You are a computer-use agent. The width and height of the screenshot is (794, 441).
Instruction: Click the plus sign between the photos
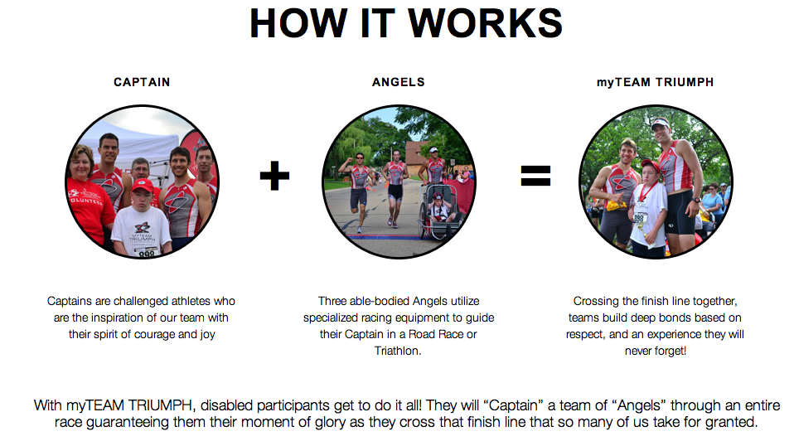click(274, 176)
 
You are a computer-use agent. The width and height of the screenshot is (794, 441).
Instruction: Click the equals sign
click(535, 176)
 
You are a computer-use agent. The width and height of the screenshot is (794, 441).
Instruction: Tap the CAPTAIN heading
click(142, 82)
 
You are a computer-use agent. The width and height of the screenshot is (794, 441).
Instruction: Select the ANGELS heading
click(399, 82)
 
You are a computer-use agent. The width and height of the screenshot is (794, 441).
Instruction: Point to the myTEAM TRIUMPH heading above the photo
click(656, 82)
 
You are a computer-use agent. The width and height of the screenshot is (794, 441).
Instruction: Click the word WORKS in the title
click(485, 23)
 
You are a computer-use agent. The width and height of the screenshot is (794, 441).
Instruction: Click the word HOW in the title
click(298, 23)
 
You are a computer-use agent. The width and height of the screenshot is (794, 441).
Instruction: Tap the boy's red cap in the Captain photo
click(143, 186)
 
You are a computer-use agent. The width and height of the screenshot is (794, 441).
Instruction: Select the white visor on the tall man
click(661, 123)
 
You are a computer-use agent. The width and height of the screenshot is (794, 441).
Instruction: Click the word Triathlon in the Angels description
click(398, 351)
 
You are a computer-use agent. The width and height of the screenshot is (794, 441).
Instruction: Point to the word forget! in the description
click(671, 351)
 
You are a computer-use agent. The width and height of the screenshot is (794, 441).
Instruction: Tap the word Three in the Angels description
click(332, 301)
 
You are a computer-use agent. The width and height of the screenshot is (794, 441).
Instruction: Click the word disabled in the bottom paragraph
click(227, 405)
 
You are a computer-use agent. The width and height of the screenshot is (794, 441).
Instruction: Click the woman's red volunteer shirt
click(90, 207)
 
